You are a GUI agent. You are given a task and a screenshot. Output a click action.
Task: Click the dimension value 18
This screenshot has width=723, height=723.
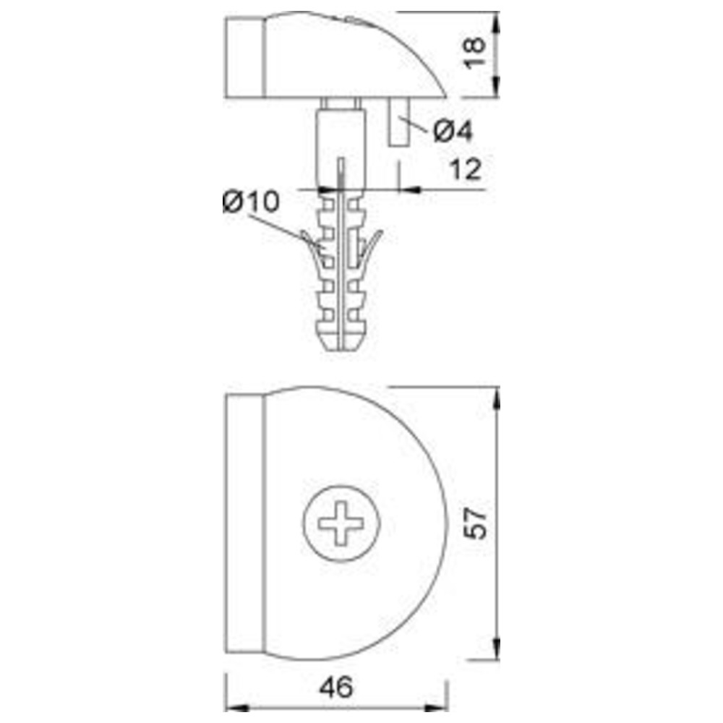click(x=475, y=53)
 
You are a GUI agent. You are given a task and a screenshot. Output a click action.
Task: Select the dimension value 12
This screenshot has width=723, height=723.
click(x=466, y=169)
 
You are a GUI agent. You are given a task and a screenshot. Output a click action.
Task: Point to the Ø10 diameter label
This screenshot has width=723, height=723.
click(x=252, y=202)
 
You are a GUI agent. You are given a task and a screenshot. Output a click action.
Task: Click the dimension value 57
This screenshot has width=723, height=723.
click(x=475, y=523)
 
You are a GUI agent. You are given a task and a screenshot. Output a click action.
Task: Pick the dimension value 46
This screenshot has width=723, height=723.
click(x=337, y=687)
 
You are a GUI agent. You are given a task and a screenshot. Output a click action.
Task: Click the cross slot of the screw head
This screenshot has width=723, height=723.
click(x=341, y=523)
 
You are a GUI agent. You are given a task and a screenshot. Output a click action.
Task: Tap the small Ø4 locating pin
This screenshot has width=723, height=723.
click(x=399, y=121)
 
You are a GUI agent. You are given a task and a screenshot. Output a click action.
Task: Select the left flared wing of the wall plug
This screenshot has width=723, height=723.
click(x=311, y=247)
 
